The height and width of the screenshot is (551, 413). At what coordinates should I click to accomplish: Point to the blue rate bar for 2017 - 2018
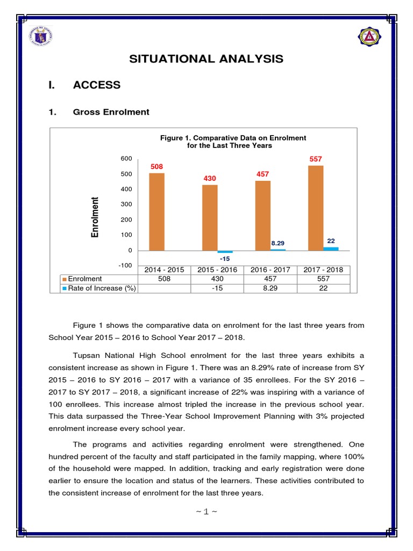331,249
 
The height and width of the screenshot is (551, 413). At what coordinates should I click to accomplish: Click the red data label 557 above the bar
316,159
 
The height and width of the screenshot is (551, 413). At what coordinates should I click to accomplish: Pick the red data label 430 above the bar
210,178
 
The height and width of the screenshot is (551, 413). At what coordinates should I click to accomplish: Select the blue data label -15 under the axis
225,259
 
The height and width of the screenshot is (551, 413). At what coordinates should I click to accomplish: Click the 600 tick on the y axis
126,158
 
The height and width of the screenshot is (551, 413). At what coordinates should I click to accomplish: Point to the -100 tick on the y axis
125,265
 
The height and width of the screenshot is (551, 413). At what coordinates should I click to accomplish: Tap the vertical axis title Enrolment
95,217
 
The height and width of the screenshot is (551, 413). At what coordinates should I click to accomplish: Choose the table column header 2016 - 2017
270,270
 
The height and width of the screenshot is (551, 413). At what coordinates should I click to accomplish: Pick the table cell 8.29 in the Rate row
270,288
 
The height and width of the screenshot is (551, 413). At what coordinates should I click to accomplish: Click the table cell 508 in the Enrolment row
165,279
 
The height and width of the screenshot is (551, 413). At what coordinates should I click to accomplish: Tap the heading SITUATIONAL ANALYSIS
206,59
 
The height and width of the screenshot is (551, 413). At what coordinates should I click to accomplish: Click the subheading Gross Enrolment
111,112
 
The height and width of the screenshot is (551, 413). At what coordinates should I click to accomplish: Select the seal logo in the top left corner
45,37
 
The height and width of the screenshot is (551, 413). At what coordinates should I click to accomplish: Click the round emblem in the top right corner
369,37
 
